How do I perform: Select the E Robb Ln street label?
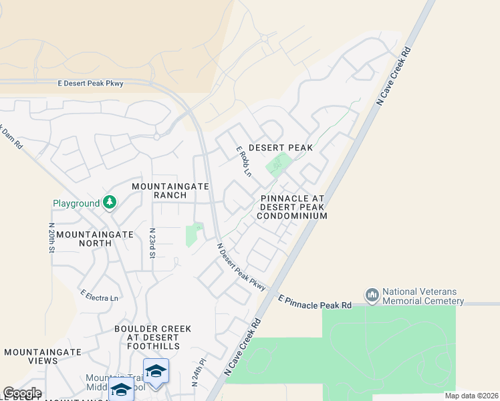pos(243,161)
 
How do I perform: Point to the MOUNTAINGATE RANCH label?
pos(170,190)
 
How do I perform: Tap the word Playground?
pos(76,203)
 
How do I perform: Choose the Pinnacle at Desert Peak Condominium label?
pos(293,207)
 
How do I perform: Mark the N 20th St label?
pos(51,238)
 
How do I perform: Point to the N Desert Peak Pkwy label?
pos(241,266)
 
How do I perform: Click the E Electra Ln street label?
pos(99,295)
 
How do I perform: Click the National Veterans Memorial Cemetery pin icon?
pos(372,294)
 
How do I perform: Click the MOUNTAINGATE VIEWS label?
pos(43,356)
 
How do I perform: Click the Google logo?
pos(22,393)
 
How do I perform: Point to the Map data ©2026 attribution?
pos(471,396)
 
